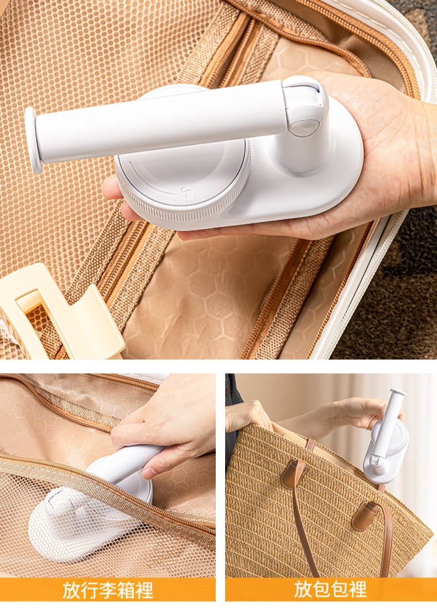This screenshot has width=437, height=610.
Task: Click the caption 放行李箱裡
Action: pos(108,590)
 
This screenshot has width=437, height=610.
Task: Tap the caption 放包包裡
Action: pos(330,590)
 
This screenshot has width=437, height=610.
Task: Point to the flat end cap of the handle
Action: pos(33,139)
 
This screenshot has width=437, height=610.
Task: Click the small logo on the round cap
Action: pos(186,192)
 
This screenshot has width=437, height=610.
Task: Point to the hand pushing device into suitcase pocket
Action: pos(167,424)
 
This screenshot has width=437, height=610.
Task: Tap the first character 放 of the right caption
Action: pos(303,590)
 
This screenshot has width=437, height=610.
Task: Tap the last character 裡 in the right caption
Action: pos(358,590)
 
